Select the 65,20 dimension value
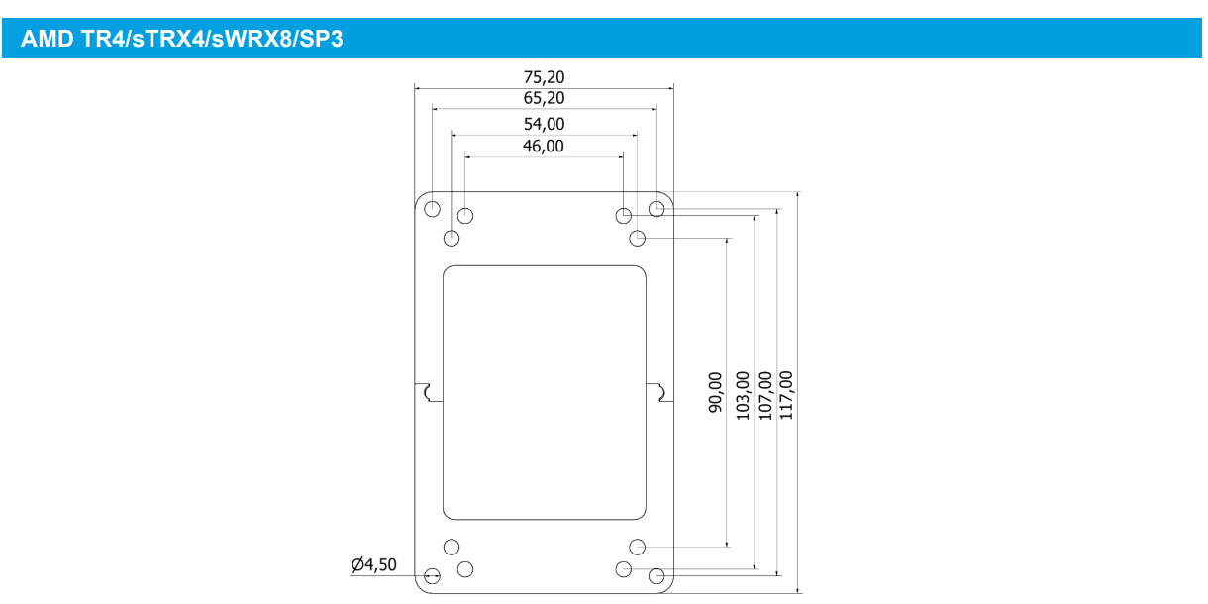[544, 98]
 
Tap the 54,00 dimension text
[544, 124]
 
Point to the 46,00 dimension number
[544, 147]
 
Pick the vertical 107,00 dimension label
[764, 394]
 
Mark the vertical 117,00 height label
[786, 394]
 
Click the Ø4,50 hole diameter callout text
[373, 565]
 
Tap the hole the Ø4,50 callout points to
[432, 576]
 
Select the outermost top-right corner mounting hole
[656, 208]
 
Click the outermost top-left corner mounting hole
[432, 208]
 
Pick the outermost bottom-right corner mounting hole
[655, 575]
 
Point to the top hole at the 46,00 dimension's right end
[623, 216]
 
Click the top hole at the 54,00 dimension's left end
[452, 238]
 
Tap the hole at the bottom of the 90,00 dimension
[638, 547]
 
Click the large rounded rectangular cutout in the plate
[544, 392]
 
